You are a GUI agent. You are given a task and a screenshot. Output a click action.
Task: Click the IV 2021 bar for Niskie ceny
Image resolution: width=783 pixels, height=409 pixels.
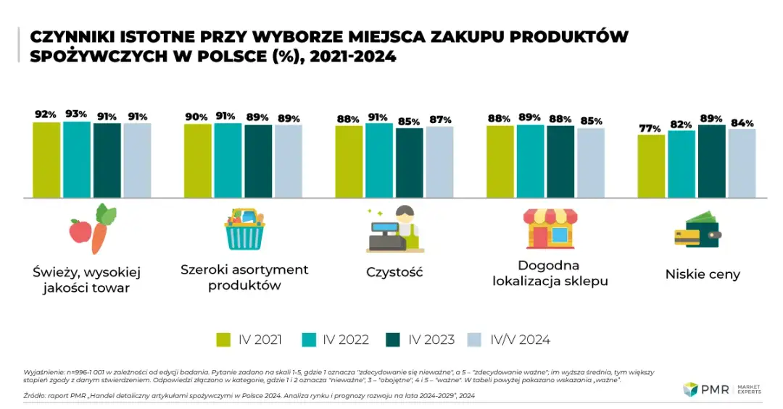651,166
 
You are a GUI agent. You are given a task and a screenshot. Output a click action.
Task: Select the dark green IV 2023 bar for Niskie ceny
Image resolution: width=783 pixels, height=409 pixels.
712,161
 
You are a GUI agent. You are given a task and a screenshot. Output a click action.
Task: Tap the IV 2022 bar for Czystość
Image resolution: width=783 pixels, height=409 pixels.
378,160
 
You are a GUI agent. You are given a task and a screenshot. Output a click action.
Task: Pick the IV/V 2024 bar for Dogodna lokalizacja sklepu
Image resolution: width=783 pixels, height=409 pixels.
590,163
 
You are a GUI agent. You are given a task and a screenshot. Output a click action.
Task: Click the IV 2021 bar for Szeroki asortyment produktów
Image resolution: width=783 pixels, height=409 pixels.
197,161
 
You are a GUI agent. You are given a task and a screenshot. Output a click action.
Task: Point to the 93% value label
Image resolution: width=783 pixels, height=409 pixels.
76,114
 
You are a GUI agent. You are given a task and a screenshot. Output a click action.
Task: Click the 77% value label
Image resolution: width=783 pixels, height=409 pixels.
650,128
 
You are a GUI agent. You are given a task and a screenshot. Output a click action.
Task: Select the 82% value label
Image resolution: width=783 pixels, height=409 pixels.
681,125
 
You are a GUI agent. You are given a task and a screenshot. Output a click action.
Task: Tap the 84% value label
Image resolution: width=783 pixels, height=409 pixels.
742,122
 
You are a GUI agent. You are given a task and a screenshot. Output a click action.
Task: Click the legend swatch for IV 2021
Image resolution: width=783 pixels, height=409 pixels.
224,340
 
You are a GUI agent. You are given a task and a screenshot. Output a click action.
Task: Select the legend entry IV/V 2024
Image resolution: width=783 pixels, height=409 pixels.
518,340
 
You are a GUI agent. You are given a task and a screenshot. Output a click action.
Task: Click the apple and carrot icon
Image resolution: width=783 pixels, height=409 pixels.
92,229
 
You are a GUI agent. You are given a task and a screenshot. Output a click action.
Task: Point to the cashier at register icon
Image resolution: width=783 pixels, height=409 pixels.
394,229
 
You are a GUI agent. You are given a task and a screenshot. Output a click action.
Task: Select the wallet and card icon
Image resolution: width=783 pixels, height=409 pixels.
697,230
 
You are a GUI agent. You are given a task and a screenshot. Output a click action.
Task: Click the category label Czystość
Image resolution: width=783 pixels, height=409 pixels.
394,272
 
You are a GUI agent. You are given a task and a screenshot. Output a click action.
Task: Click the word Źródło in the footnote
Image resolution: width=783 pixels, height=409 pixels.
36,396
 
